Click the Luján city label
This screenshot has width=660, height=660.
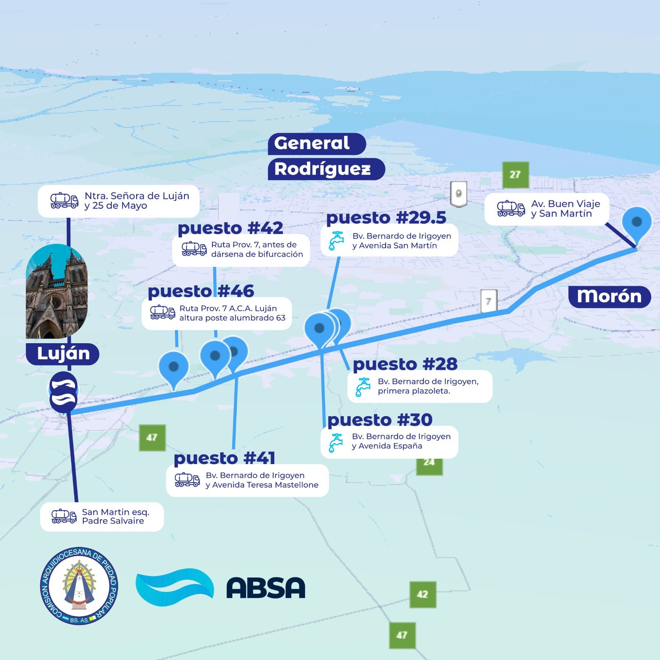pyautogui.click(x=63, y=354)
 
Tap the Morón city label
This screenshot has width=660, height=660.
pyautogui.click(x=609, y=297)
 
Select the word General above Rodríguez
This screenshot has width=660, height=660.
pyautogui.click(x=312, y=144)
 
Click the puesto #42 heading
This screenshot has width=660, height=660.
pyautogui.click(x=230, y=228)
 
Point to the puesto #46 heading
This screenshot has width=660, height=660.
pyautogui.click(x=201, y=291)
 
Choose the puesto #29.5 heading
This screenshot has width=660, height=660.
pyautogui.click(x=386, y=218)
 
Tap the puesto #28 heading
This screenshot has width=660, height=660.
pyautogui.click(x=405, y=364)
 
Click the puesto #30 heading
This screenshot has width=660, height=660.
pyautogui.click(x=380, y=420)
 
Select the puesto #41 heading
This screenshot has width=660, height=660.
pyautogui.click(x=224, y=458)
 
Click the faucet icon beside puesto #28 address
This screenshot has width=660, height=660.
pyautogui.click(x=363, y=387)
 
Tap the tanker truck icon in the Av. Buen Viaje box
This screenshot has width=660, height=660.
pyautogui.click(x=511, y=209)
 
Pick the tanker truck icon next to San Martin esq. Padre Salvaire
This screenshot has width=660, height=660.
pyautogui.click(x=64, y=516)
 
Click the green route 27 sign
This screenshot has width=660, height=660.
pyautogui.click(x=515, y=175)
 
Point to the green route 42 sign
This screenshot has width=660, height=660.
pyautogui.click(x=422, y=594)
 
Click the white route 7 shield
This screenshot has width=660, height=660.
pyautogui.click(x=488, y=301)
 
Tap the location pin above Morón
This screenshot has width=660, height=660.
pyautogui.click(x=636, y=224)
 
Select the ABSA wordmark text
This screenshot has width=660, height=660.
pyautogui.click(x=266, y=587)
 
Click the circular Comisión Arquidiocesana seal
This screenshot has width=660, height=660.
pyautogui.click(x=79, y=586)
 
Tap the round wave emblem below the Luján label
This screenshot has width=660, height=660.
pyautogui.click(x=63, y=392)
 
